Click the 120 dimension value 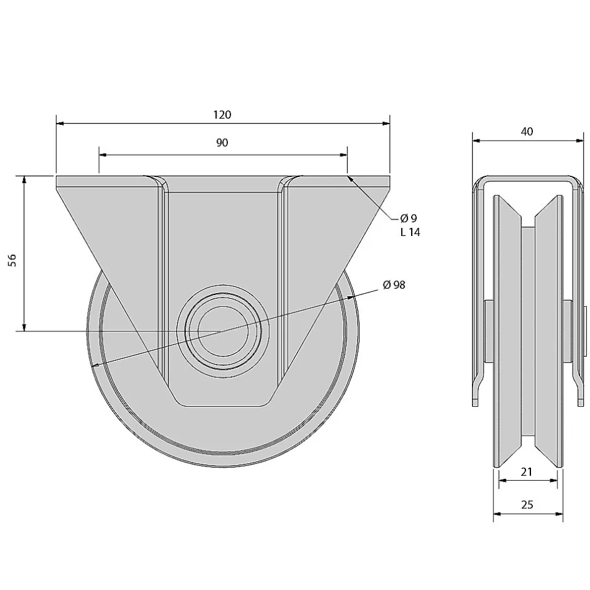(x=222, y=115)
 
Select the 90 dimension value (x=222, y=142)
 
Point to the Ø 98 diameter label (x=394, y=284)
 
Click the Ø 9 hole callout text (x=409, y=218)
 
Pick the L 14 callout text (x=409, y=232)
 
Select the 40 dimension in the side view (x=527, y=131)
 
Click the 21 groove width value (x=527, y=472)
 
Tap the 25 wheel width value (x=527, y=504)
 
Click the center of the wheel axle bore (x=219, y=331)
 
